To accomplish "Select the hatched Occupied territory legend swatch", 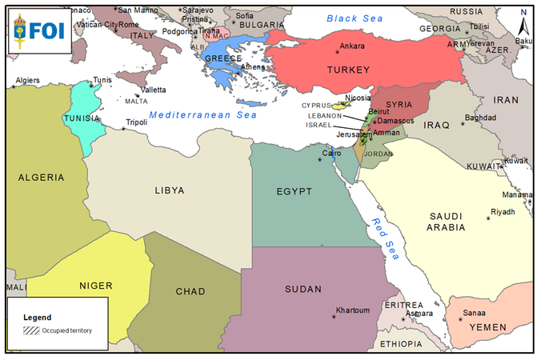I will [31, 329].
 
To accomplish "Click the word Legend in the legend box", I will [37, 317].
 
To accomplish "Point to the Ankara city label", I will [353, 46].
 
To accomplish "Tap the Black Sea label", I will [355, 18].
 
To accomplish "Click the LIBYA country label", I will [170, 190].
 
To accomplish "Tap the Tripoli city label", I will [136, 123].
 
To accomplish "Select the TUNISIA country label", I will [81, 118].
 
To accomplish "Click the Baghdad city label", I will [481, 118].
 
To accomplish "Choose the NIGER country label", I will [95, 286].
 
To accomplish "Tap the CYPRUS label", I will [317, 106].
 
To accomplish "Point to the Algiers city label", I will [27, 81].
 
